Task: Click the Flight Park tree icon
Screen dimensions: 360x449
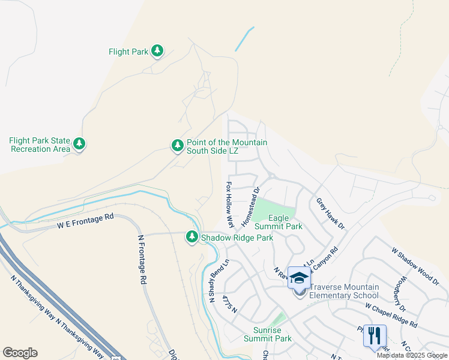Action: click(157, 51)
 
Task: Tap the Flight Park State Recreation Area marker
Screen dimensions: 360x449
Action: click(79, 144)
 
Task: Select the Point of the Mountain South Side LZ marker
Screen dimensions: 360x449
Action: click(177, 145)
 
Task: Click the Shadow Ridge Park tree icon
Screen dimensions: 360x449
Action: click(192, 238)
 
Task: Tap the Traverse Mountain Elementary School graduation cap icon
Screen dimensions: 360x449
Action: click(299, 278)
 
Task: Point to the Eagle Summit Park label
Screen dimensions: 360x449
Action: click(278, 222)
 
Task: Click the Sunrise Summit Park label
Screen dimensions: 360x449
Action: click(268, 334)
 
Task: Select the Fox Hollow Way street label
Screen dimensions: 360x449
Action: click(229, 205)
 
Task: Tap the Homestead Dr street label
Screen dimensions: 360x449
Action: click(250, 207)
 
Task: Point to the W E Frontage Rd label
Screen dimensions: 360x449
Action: click(85, 221)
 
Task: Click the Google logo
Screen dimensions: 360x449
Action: click(20, 353)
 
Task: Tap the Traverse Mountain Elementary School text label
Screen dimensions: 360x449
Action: click(344, 291)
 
